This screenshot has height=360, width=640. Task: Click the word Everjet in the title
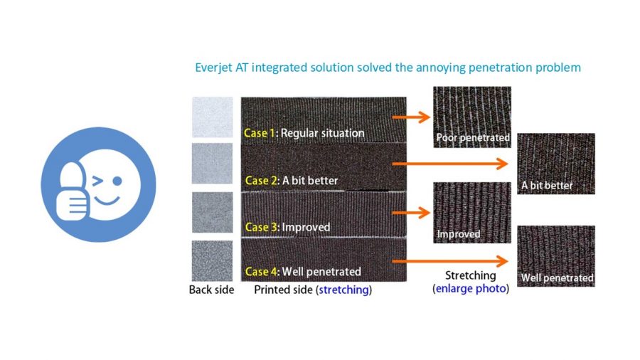[x=213, y=68]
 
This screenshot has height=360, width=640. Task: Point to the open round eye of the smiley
[x=117, y=181]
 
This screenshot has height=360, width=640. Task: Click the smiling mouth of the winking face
[x=107, y=200]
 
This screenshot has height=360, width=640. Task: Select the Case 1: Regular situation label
[x=304, y=133]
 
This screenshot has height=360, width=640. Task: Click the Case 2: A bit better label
[x=292, y=181]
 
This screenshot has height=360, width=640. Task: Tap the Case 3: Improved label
[x=287, y=227]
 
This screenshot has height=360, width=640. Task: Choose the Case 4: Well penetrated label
[x=303, y=272]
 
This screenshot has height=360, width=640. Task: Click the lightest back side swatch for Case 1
[x=212, y=117]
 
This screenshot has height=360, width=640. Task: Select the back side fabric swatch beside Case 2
[x=212, y=163]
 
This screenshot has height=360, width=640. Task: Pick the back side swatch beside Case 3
[x=212, y=212]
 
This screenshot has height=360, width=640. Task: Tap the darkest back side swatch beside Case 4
[x=212, y=261]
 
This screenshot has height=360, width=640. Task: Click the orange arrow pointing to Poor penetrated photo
[x=411, y=117]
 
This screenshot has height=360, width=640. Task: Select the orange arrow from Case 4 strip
[x=450, y=261]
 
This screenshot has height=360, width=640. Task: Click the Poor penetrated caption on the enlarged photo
[x=473, y=137]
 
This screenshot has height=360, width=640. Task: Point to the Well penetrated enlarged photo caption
[x=557, y=278]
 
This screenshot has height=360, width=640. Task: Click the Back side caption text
[x=211, y=290]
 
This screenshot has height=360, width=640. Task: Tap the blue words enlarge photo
[x=471, y=289]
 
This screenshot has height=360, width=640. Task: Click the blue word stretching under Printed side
[x=343, y=290]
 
